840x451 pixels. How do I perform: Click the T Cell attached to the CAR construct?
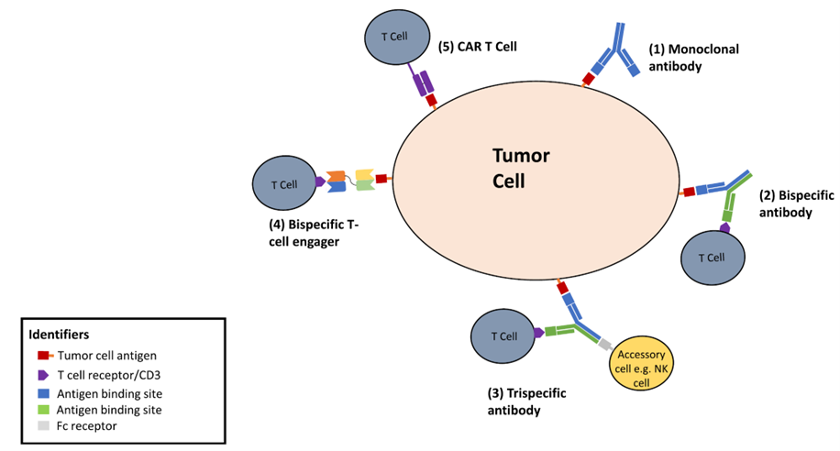pyautogui.click(x=387, y=37)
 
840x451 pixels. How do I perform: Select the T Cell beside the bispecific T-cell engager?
pyautogui.click(x=283, y=183)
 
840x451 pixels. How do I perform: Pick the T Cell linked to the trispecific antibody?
pyautogui.click(x=501, y=336)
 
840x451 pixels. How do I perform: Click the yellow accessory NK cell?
pyautogui.click(x=640, y=367)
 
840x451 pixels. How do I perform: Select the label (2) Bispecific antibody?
pyautogui.click(x=786, y=203)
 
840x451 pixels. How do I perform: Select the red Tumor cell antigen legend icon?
pyautogui.click(x=44, y=356)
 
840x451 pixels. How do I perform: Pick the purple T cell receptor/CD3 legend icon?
pyautogui.click(x=42, y=374)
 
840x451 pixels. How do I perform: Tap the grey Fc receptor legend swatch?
pyautogui.click(x=42, y=425)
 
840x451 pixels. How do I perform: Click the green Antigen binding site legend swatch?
pyautogui.click(x=42, y=409)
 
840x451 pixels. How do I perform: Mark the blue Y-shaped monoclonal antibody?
pyautogui.click(x=613, y=53)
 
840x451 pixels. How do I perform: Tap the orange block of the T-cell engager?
pyautogui.click(x=336, y=175)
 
